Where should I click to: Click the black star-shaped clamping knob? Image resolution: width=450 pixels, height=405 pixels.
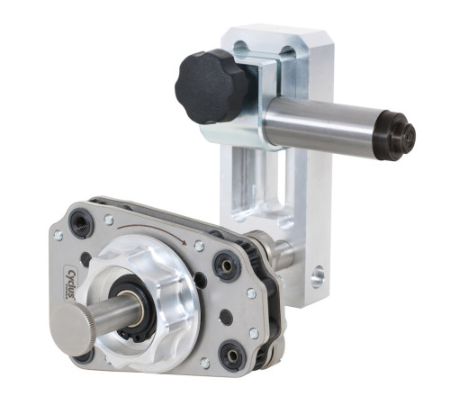pos(212,86)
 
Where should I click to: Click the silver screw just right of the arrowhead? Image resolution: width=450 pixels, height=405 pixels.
pos(199,246)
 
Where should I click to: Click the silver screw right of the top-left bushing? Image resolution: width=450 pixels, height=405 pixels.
pos(109,219)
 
